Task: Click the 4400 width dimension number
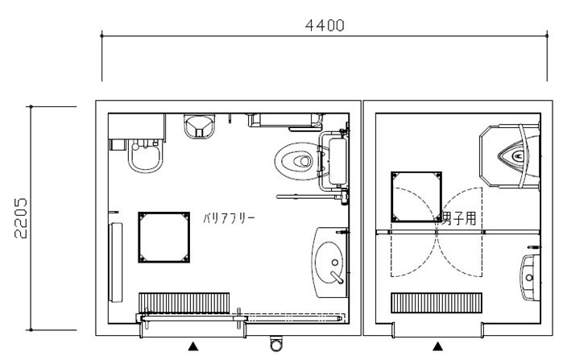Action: (325, 26)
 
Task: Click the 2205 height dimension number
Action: (20, 218)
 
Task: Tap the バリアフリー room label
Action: (229, 218)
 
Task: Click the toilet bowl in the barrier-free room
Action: (297, 161)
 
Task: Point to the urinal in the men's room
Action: (519, 155)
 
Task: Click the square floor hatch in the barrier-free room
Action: (164, 238)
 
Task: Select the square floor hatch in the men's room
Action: (416, 197)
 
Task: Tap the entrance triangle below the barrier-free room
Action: (193, 346)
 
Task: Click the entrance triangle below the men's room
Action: (437, 346)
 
